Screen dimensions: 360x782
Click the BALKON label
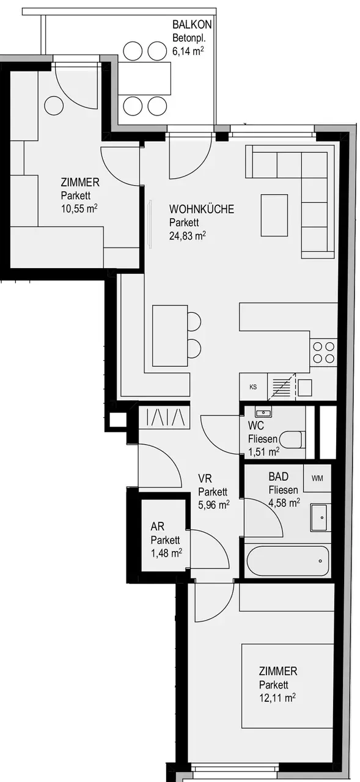192,24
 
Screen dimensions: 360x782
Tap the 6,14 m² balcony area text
188,51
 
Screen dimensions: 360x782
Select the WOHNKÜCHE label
202,209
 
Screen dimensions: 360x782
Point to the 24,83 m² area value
187,236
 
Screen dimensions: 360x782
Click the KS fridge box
253,387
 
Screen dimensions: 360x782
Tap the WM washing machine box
317,478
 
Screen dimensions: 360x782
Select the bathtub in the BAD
287,561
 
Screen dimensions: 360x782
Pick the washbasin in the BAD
319,517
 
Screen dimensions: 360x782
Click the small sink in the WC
263,412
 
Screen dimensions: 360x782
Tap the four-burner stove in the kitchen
323,353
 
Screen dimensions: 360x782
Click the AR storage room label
158,526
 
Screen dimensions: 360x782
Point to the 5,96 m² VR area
214,505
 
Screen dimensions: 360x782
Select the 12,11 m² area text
277,698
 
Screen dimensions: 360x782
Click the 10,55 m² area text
79,209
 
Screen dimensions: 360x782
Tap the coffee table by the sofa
274,216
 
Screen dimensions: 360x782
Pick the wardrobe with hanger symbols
164,417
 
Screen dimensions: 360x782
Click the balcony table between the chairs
145,79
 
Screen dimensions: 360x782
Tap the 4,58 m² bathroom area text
284,503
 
